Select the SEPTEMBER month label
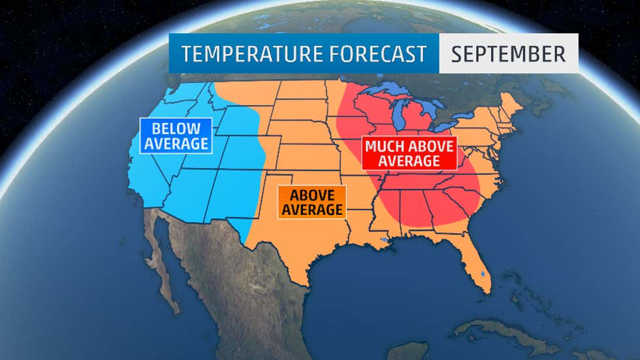[x=508, y=54]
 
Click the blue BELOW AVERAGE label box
[x=176, y=135]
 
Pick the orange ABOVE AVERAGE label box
[x=311, y=201]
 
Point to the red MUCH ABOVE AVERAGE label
[x=409, y=153]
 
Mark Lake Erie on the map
[x=451, y=126]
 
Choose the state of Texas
[x=307, y=242]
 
